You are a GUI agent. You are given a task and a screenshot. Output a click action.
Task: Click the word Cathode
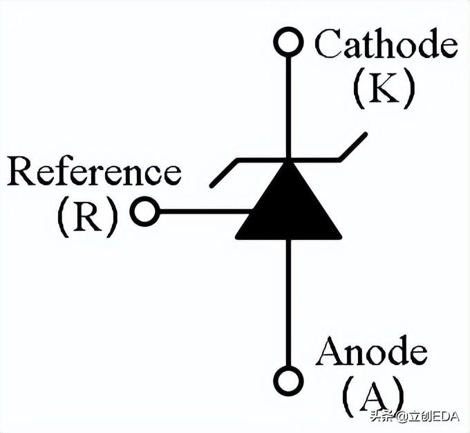point(386,45)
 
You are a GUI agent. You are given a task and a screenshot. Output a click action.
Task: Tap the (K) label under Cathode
point(384,89)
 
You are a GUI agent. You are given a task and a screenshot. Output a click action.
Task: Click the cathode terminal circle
point(288,42)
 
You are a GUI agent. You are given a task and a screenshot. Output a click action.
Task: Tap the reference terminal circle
point(144,212)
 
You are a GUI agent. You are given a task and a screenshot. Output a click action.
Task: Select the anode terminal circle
point(288,380)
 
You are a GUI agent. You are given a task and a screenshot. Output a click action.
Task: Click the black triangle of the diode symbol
point(288,208)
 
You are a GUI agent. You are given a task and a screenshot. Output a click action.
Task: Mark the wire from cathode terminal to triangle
point(288,104)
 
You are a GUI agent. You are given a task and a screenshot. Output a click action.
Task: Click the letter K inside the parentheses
point(384,89)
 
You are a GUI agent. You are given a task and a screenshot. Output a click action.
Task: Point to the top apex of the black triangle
point(288,163)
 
